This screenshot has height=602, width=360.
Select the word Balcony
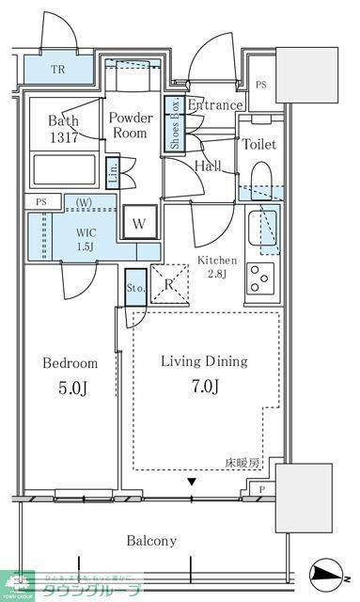[151, 541]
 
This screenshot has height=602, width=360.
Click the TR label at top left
[57, 69]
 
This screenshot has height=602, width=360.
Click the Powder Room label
[130, 126]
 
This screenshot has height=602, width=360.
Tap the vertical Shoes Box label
[174, 125]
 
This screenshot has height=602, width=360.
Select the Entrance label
[215, 105]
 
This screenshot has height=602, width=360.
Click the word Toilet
[258, 145]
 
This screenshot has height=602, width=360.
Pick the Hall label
[208, 166]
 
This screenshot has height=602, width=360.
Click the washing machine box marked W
[139, 223]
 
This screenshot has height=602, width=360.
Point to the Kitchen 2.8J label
[216, 267]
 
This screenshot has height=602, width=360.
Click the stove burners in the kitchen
[259, 277]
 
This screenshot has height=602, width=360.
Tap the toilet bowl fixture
[260, 181]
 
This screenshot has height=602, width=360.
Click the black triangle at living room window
[192, 483]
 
